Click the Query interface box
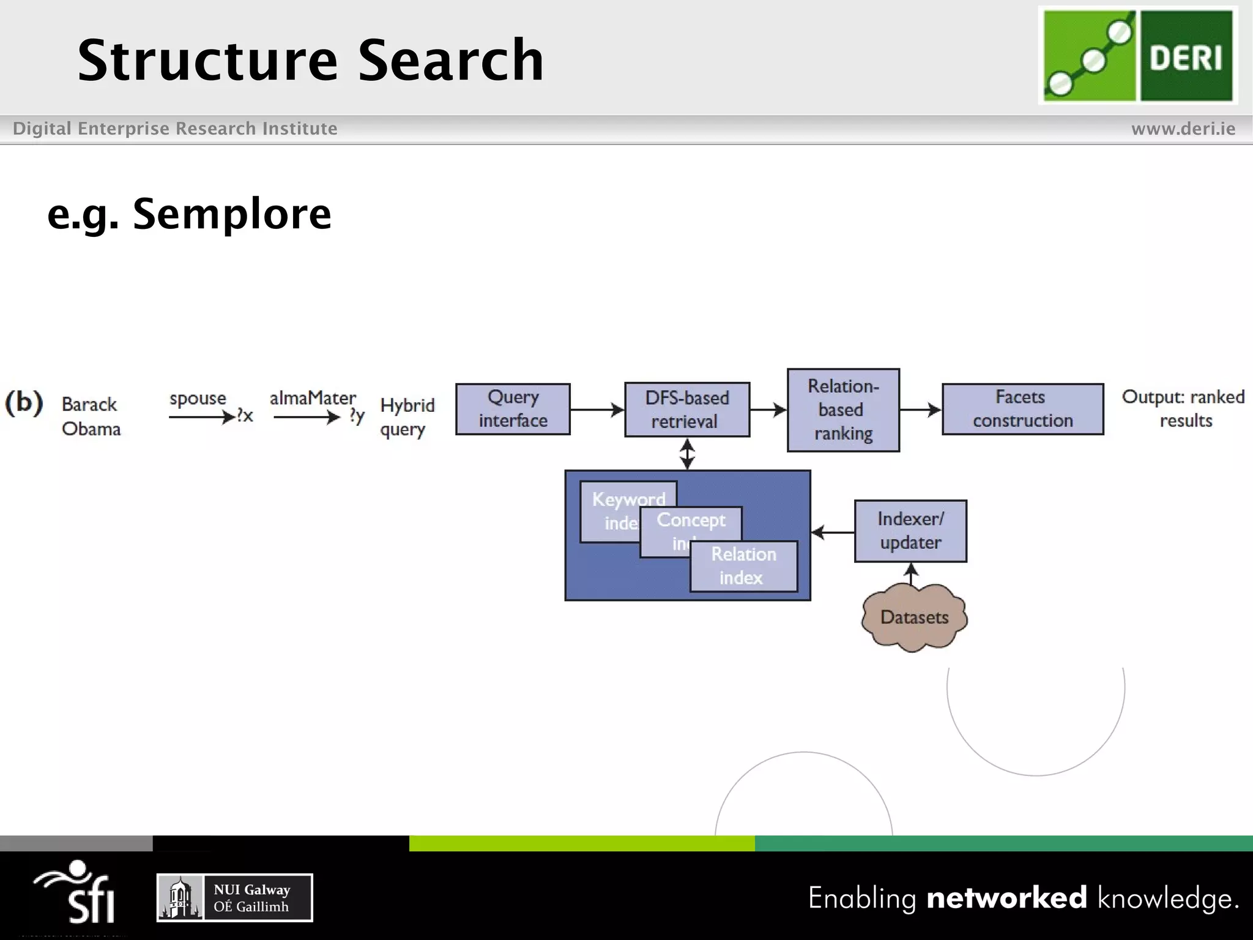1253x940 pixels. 513,409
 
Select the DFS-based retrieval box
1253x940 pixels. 686,409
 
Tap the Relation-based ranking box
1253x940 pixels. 842,409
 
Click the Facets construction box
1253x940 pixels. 1022,409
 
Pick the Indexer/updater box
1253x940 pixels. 910,531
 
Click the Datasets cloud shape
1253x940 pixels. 914,617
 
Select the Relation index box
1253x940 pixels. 743,566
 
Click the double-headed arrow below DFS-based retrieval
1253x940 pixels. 687,454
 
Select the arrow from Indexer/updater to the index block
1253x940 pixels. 833,532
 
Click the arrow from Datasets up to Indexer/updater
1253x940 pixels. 911,574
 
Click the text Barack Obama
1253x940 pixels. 91,416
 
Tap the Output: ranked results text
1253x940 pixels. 1183,408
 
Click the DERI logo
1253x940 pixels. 1137,56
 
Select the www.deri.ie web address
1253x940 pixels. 1183,129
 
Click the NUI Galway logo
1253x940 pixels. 234,897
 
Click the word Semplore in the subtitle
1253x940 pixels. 232,214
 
